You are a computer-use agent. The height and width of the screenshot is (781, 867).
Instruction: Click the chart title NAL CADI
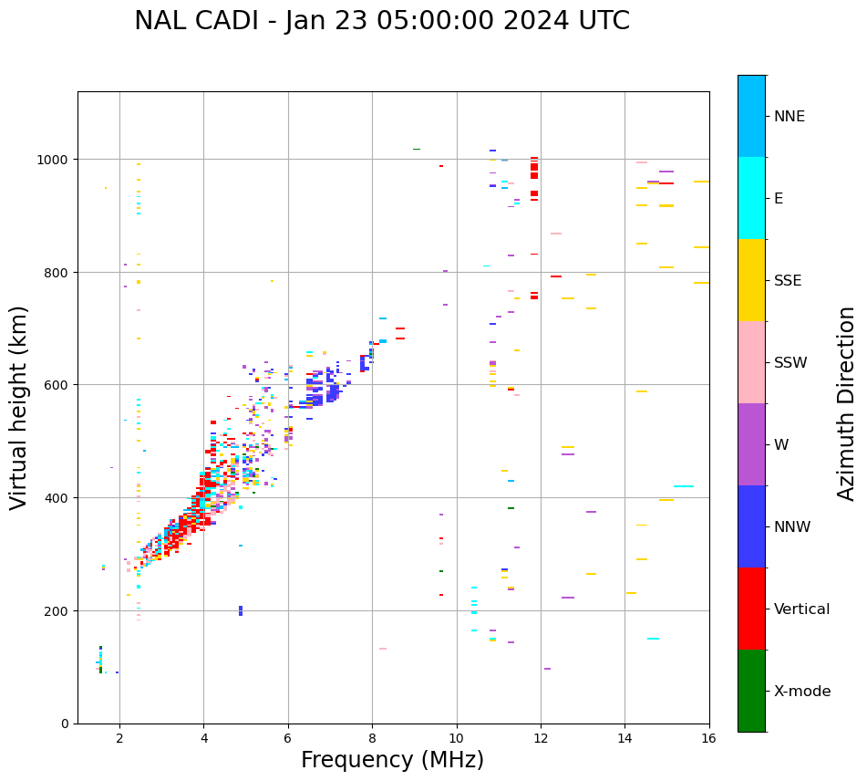point(381,21)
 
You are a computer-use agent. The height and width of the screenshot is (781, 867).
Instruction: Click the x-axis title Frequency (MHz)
point(392,760)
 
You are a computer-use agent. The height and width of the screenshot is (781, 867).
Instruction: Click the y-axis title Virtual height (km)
point(19,408)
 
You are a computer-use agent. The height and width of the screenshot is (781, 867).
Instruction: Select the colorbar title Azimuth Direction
point(847,403)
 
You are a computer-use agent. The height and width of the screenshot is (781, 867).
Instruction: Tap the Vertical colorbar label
point(801,609)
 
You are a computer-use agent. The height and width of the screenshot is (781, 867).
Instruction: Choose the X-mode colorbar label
point(802,692)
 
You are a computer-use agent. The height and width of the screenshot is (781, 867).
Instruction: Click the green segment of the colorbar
point(751,691)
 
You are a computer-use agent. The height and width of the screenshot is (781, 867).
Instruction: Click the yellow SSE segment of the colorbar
point(751,280)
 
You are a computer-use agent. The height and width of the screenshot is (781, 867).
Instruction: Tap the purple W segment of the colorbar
point(751,444)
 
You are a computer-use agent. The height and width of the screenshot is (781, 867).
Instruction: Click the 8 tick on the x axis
point(372,738)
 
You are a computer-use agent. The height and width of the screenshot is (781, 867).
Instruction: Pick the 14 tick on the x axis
point(624,738)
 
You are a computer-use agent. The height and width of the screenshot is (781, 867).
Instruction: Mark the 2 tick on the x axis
point(119,738)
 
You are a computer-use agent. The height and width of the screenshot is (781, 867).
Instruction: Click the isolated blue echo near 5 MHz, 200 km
point(241,610)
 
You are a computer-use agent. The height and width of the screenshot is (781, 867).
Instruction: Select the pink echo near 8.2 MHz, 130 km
point(383,649)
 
